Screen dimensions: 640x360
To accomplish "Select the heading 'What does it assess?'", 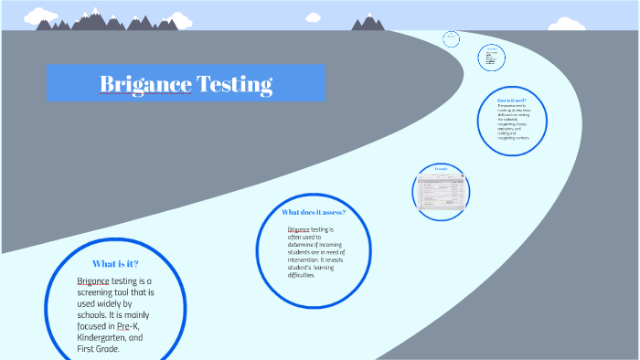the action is (x=314, y=212).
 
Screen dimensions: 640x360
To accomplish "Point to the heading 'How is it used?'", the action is (x=511, y=100).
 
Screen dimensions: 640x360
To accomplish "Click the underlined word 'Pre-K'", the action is (x=128, y=325).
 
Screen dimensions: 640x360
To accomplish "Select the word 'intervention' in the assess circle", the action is (x=309, y=259).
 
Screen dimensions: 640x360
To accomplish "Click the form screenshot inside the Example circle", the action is (x=441, y=192).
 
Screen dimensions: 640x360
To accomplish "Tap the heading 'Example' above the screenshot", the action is (x=442, y=169).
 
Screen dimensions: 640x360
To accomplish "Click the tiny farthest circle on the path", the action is (x=451, y=39).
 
